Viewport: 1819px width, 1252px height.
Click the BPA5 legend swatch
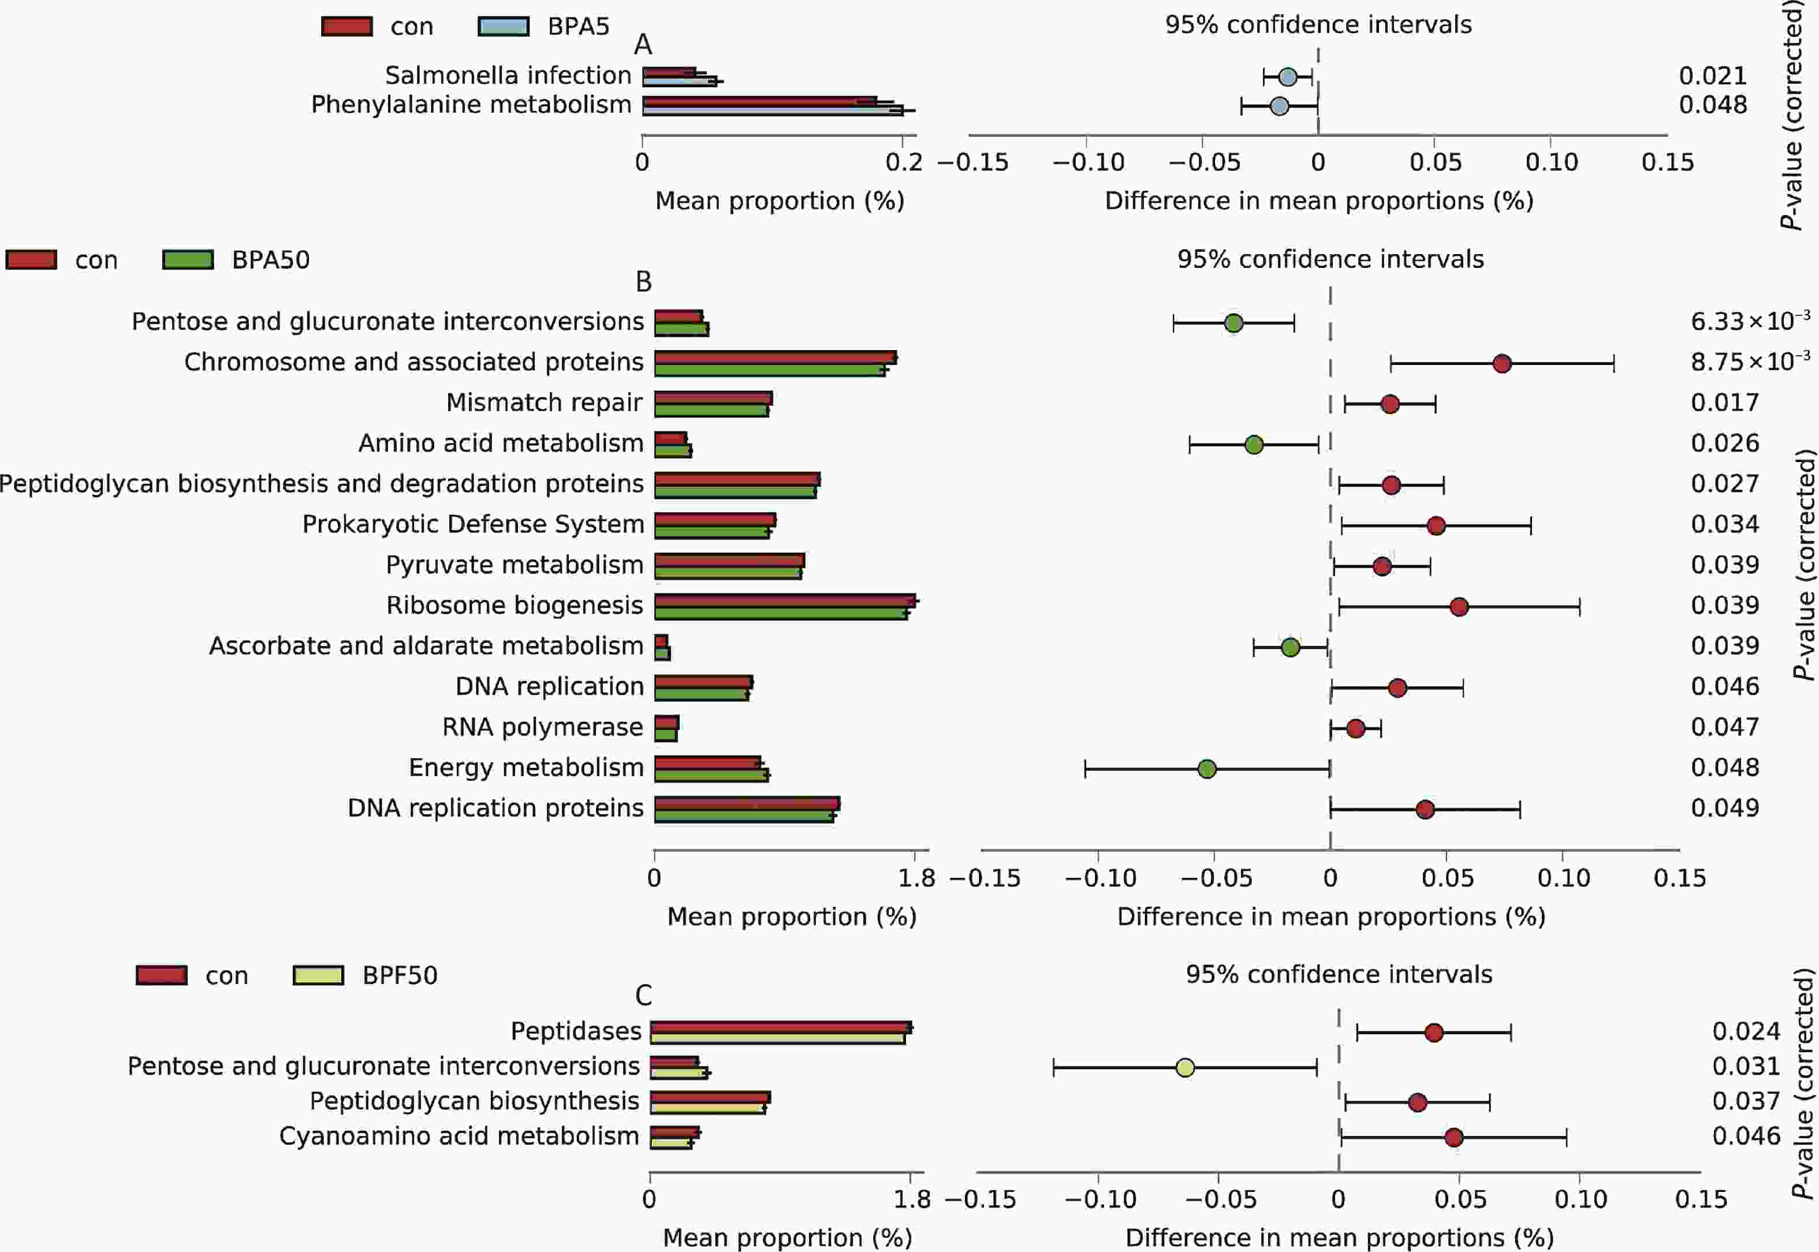tap(503, 26)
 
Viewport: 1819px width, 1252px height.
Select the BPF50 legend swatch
tap(318, 975)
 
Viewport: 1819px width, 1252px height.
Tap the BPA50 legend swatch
tap(188, 260)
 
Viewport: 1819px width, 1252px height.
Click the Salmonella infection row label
tap(508, 75)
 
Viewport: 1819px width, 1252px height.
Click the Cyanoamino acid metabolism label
tap(459, 1136)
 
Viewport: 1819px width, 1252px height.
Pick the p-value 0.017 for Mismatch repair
tap(1724, 403)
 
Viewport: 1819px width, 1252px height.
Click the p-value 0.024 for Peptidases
tap(1745, 1031)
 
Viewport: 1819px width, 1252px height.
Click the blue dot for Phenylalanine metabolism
tap(1279, 106)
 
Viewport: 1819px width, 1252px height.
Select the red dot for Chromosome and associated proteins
tap(1501, 363)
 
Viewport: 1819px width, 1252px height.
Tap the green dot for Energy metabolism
tap(1207, 769)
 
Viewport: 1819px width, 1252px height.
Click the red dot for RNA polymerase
tap(1355, 728)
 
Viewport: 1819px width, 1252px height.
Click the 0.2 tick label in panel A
tap(904, 162)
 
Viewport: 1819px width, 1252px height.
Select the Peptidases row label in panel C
tap(576, 1031)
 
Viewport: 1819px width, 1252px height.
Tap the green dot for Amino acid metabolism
tap(1254, 445)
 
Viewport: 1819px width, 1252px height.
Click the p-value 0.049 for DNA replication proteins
tap(1724, 808)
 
